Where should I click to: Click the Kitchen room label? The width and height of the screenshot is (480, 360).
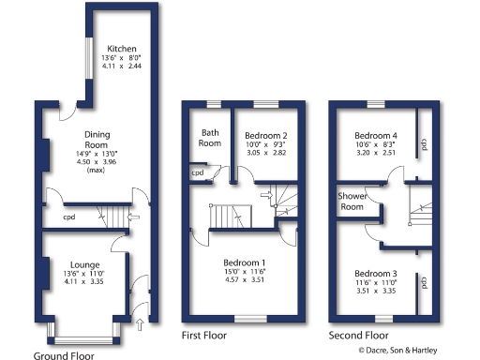(x=123, y=49)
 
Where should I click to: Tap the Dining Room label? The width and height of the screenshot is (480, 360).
(x=97, y=140)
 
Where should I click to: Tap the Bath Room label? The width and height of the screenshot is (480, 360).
(x=210, y=139)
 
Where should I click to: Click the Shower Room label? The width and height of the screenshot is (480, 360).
(x=352, y=201)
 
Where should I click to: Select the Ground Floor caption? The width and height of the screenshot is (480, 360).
(x=64, y=355)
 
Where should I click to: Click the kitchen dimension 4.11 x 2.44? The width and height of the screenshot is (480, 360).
(x=123, y=68)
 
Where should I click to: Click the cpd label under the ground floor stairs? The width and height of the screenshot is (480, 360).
(x=69, y=217)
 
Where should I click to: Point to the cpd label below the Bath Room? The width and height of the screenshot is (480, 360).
(x=198, y=173)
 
